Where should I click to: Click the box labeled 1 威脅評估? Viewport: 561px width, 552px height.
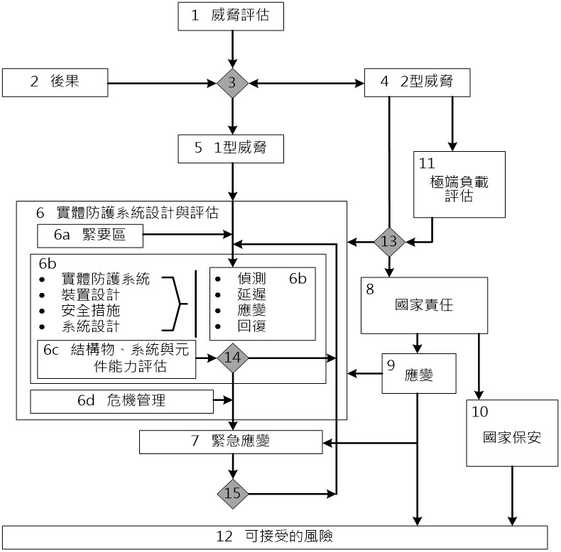click(231, 16)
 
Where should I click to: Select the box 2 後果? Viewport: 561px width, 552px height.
click(54, 82)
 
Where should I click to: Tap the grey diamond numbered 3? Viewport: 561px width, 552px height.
click(232, 84)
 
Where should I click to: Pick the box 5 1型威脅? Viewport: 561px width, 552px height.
click(232, 150)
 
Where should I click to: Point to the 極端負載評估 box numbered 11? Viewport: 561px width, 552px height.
click(459, 184)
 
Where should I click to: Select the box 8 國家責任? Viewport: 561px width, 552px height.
click(424, 305)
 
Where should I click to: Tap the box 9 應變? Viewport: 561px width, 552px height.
click(418, 372)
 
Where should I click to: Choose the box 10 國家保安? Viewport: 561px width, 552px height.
click(509, 433)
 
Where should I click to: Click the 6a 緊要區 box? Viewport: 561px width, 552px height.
click(90, 236)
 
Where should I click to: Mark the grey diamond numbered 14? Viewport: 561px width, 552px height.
click(233, 358)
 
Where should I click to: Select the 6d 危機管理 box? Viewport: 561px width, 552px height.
click(121, 401)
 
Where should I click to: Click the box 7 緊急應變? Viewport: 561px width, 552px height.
click(231, 441)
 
